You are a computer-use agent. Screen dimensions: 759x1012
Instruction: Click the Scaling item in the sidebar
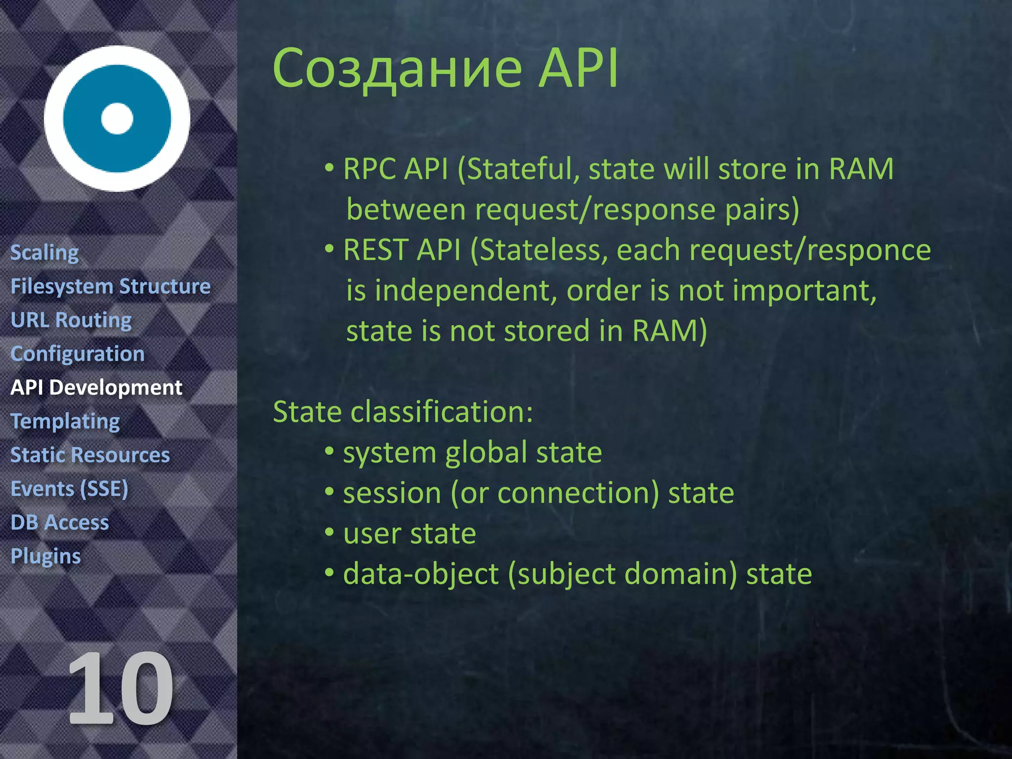click(44, 253)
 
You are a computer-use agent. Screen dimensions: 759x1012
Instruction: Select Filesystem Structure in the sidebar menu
click(111, 287)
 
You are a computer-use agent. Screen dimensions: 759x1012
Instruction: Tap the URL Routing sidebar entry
click(71, 320)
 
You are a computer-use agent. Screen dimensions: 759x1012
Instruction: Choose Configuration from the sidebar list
click(78, 354)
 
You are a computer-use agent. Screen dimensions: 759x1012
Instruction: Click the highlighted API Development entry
click(96, 387)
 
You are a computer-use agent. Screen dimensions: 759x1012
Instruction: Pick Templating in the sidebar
click(65, 422)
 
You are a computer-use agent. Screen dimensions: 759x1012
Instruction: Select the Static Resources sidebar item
click(90, 455)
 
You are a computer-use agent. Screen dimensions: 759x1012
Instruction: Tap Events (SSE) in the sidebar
click(69, 489)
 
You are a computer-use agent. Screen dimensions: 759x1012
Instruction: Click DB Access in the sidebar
click(60, 522)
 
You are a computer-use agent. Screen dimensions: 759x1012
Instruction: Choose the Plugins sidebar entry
click(45, 556)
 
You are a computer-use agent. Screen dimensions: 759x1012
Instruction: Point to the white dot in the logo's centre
click(117, 119)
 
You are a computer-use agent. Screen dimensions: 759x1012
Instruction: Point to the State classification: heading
click(403, 412)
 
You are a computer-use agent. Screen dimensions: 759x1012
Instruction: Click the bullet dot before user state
click(330, 533)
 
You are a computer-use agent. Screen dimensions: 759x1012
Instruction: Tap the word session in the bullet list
click(392, 493)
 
